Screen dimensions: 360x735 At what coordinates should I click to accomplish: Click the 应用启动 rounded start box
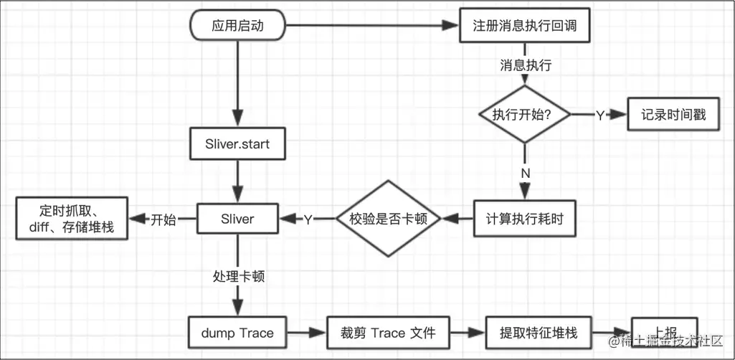click(x=237, y=26)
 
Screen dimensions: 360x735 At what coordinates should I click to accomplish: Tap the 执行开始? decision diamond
click(x=525, y=115)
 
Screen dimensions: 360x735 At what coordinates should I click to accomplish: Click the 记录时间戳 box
click(x=673, y=115)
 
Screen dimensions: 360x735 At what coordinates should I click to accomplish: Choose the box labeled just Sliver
click(x=237, y=219)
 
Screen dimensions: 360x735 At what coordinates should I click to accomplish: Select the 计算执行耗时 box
click(x=525, y=219)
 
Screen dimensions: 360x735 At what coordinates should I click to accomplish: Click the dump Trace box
click(x=237, y=333)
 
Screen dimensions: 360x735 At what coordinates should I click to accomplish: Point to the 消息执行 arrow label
click(x=525, y=65)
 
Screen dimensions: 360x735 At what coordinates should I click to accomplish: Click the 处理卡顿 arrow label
click(x=237, y=276)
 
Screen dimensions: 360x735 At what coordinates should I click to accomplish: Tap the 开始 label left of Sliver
click(x=163, y=219)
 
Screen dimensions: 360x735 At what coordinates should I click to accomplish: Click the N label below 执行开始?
click(x=525, y=173)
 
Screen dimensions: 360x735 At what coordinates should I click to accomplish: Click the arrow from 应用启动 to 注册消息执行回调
click(x=373, y=26)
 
